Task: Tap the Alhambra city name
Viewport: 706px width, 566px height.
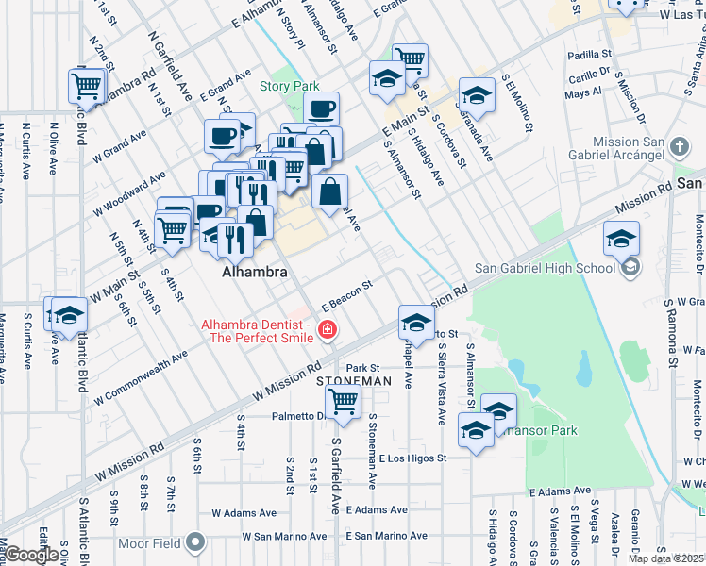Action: tap(253, 271)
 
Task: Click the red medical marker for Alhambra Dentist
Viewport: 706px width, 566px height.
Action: tap(328, 329)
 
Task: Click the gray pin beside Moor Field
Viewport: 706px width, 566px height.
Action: tap(195, 542)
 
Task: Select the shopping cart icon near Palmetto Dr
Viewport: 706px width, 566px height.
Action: tap(343, 401)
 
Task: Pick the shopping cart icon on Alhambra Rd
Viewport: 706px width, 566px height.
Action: tap(86, 86)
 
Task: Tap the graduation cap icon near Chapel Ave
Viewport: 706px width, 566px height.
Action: tap(414, 323)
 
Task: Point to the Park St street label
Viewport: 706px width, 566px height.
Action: tap(362, 368)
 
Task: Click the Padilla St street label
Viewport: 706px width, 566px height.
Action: tap(585, 56)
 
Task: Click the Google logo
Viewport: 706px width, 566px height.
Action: tap(32, 555)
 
